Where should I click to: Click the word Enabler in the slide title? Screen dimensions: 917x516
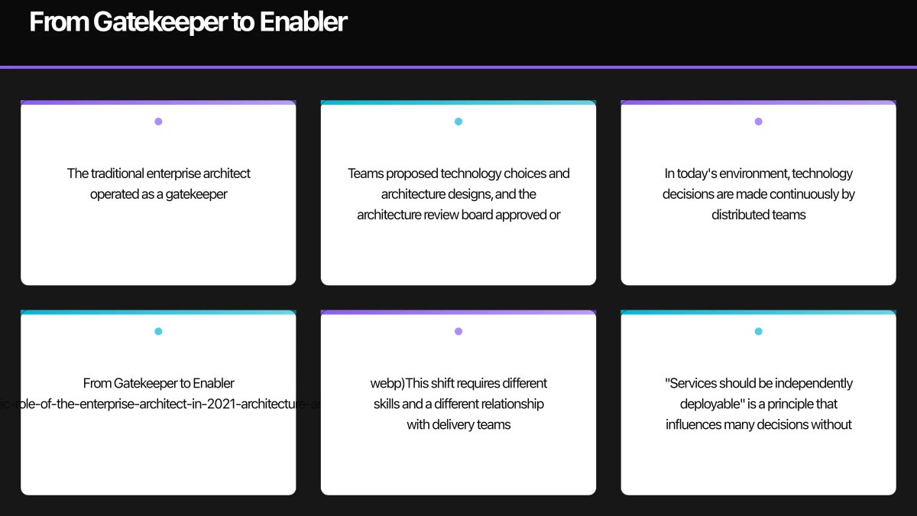tap(303, 21)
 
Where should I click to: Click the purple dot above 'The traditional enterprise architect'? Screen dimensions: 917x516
tap(158, 122)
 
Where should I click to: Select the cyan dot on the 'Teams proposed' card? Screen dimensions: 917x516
tap(458, 122)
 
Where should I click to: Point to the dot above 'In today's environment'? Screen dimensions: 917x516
tap(759, 122)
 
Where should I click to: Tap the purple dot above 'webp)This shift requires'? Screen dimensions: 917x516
tap(458, 331)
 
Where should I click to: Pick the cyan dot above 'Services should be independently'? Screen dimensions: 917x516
tap(759, 331)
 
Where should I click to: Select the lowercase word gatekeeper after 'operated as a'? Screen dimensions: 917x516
tap(196, 194)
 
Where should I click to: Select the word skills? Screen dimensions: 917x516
tap(387, 404)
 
